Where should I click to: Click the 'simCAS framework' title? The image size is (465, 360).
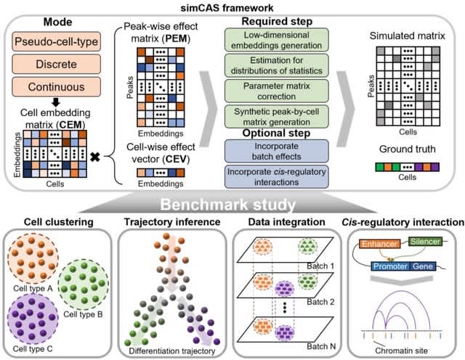point(232,7)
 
